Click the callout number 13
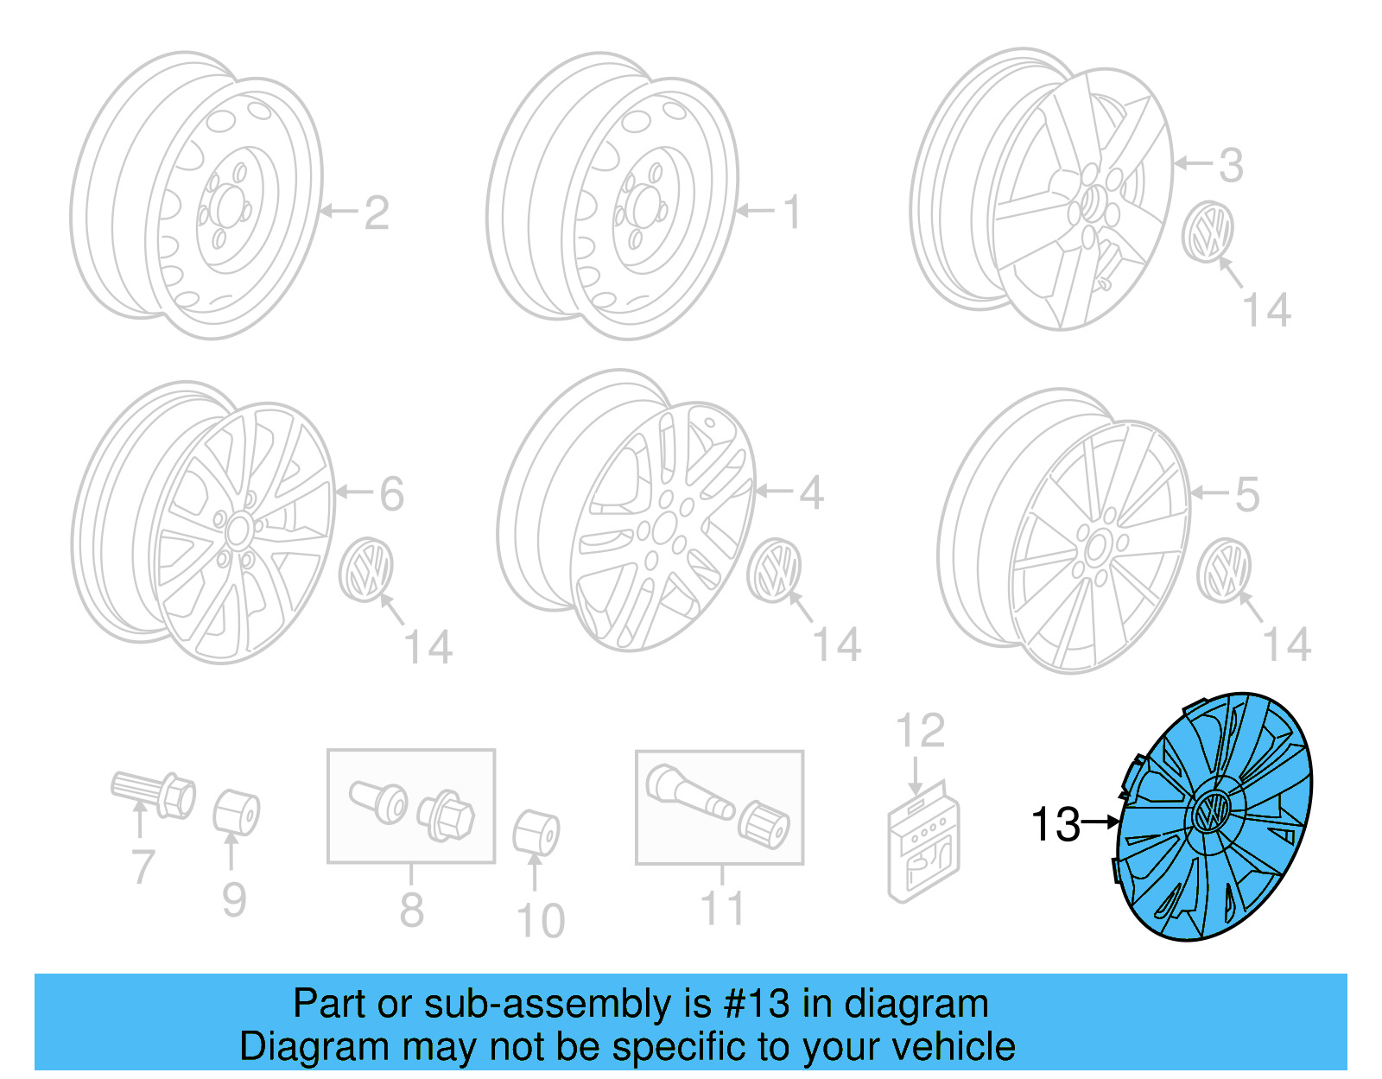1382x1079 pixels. click(1056, 824)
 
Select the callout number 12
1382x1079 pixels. click(920, 732)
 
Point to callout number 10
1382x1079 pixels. click(541, 922)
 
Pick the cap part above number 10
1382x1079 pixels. click(536, 832)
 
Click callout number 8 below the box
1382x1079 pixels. click(411, 910)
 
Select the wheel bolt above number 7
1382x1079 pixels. click(155, 793)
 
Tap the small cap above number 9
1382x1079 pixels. click(236, 812)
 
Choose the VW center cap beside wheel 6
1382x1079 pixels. click(366, 568)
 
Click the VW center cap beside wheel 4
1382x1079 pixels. click(775, 569)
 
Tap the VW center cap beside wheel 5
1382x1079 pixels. click(1224, 569)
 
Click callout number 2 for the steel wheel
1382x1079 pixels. click(377, 213)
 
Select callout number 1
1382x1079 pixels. click(791, 213)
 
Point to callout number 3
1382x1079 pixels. click(1231, 165)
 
